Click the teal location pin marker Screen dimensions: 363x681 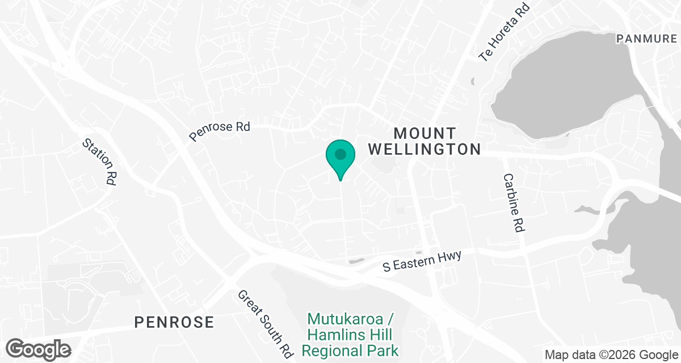tap(340, 158)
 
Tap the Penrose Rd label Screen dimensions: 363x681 tap(220, 131)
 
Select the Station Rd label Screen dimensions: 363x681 tap(99, 162)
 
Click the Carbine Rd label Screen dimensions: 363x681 tap(512, 202)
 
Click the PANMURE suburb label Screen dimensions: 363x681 tap(646, 39)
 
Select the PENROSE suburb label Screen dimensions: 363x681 tap(174, 323)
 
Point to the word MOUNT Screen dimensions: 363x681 tap(424, 133)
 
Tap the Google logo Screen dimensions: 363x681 tap(39, 349)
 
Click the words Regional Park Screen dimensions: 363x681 tap(350, 351)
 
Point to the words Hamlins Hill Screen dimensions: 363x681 tap(350, 335)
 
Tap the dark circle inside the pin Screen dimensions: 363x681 tap(340, 154)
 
